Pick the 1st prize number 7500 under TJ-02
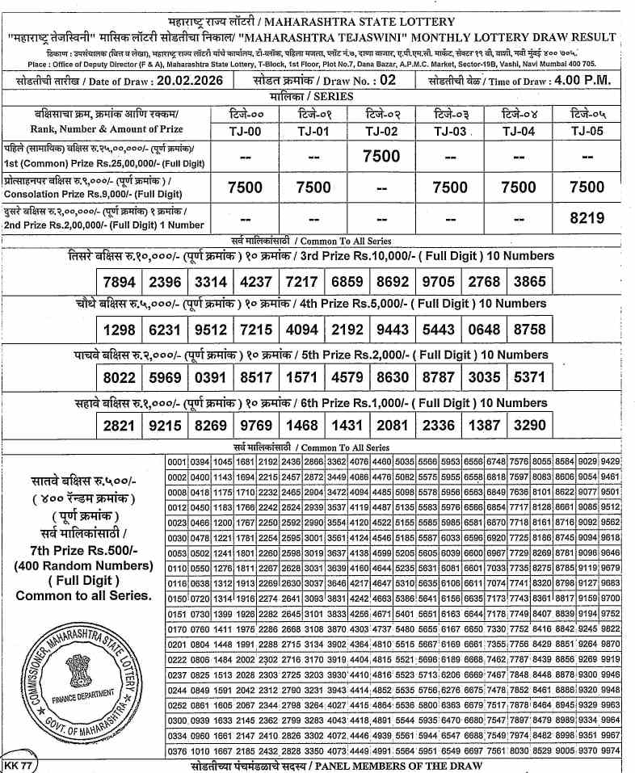coord(381,156)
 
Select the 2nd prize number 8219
coord(587,217)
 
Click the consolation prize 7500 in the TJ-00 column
coord(245,187)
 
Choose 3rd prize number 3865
coord(530,283)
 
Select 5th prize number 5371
coord(530,378)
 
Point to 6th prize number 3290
coord(530,426)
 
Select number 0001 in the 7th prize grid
coord(176,461)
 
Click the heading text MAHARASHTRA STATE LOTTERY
coord(370,22)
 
